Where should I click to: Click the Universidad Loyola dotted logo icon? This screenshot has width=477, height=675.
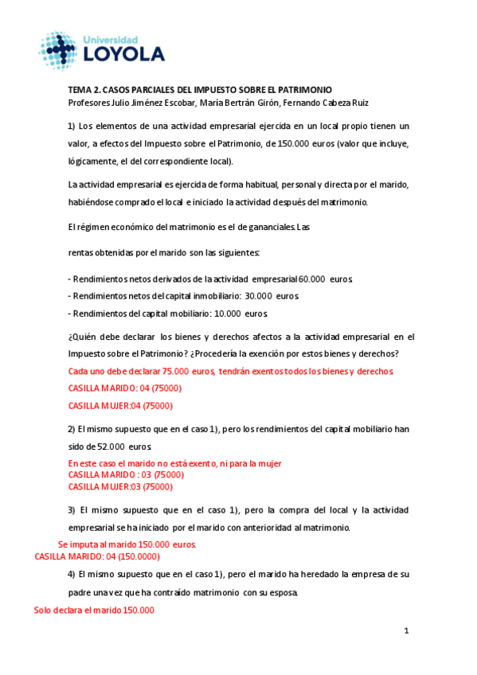click(61, 51)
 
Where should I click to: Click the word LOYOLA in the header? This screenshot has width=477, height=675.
click(130, 55)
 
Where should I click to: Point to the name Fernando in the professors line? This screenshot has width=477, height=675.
click(304, 103)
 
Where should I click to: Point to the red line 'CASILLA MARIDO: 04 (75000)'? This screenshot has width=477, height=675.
click(125, 388)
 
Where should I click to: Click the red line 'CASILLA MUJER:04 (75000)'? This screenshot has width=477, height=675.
click(120, 406)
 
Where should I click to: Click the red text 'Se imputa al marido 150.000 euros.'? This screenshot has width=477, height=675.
click(127, 544)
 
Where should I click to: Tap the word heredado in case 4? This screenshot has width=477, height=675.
click(314, 574)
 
